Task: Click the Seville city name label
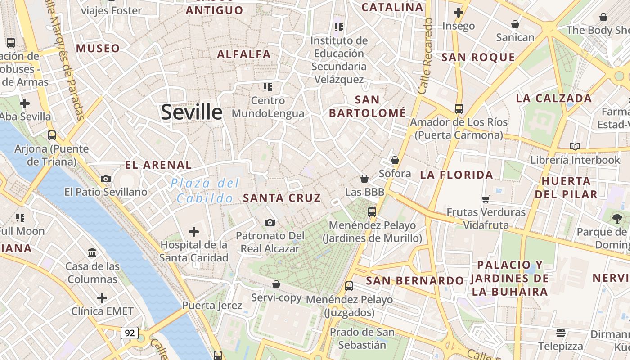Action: (192, 112)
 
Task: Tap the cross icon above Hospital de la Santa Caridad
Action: (194, 232)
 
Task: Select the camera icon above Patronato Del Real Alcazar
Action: (270, 222)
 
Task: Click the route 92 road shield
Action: (130, 333)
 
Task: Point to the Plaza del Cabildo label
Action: (205, 190)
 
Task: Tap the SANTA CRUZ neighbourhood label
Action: (282, 198)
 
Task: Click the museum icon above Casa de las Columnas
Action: (93, 252)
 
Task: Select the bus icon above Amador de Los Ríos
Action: (459, 108)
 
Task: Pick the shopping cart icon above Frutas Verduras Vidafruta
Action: (486, 198)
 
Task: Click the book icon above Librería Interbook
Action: (575, 146)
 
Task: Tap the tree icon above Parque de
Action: (617, 219)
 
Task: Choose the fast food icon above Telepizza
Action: (561, 333)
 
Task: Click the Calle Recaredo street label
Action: (425, 56)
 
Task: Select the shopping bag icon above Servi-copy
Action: (276, 284)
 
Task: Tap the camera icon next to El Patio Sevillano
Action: (106, 179)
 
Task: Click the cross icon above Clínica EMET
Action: (103, 298)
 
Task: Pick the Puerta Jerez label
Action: (212, 306)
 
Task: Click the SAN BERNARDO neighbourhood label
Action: (414, 281)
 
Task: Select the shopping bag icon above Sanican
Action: (515, 24)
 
